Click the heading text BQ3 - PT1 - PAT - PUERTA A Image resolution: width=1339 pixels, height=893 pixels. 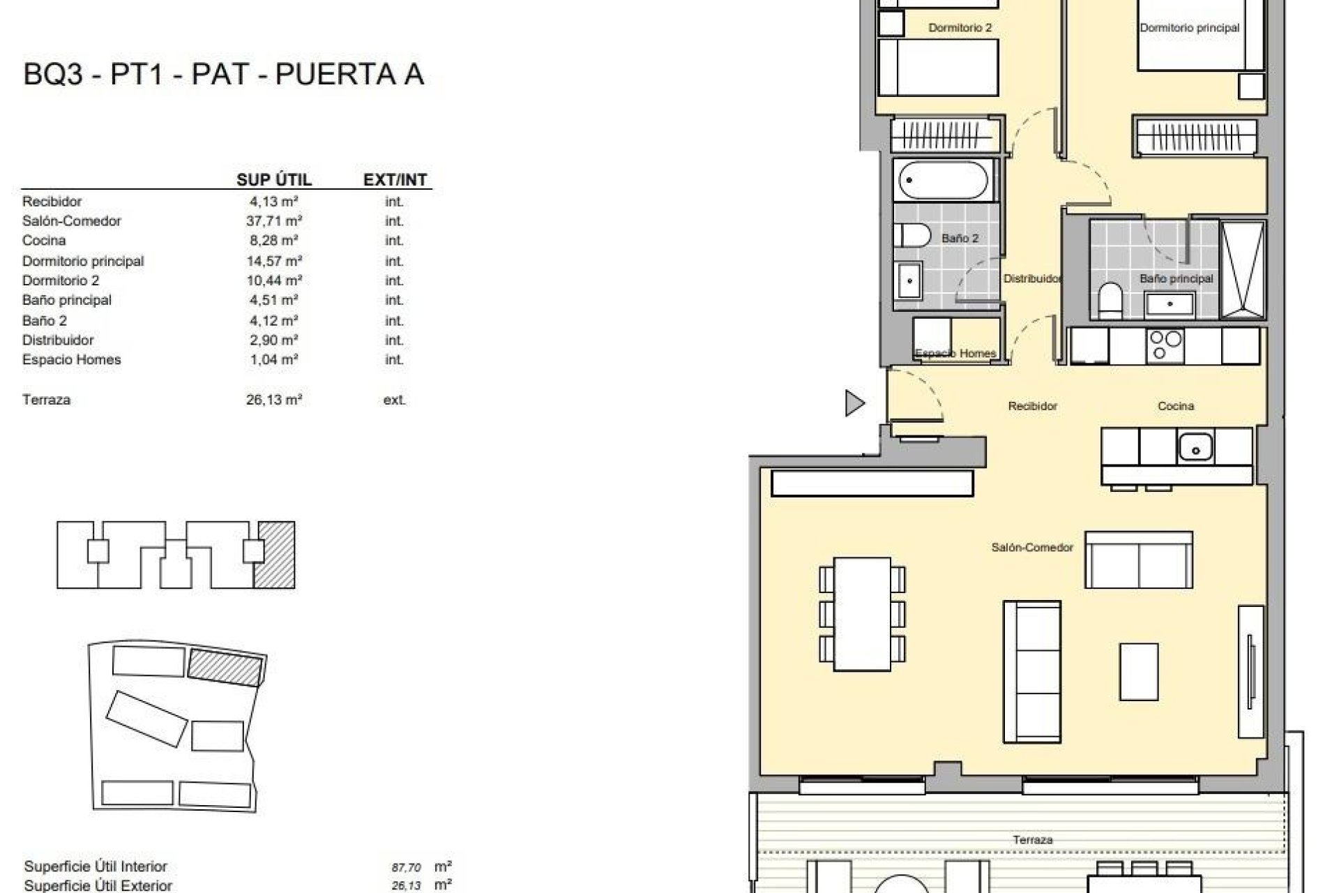(223, 75)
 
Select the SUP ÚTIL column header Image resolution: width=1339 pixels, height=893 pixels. (273, 180)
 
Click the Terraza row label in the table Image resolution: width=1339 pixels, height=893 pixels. (46, 400)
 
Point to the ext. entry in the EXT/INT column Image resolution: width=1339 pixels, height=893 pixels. (394, 400)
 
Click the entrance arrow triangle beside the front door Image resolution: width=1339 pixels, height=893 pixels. (854, 403)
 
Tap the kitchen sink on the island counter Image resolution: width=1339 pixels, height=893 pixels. (1195, 447)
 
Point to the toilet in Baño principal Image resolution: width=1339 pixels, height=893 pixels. (1109, 300)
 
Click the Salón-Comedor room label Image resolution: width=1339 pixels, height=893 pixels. (1031, 548)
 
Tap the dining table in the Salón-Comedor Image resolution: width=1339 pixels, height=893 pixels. (863, 614)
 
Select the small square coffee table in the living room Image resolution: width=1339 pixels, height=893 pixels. (1139, 671)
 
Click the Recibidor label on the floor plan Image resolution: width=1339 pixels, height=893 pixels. (1032, 406)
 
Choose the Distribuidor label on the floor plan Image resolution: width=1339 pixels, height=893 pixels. (1031, 278)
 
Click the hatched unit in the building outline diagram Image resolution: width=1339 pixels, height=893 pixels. (274, 555)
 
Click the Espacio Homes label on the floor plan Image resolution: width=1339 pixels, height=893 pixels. (955, 353)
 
